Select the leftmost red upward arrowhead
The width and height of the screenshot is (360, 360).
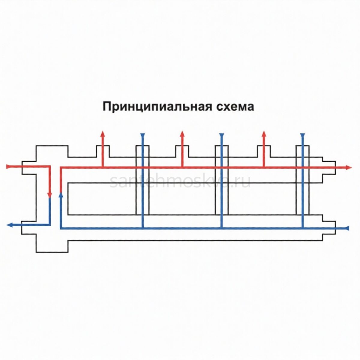click(103, 134)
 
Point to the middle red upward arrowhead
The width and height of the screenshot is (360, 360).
click(182, 134)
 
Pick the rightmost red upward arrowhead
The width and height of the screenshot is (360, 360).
click(264, 134)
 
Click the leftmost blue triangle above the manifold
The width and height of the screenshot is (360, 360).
click(143, 135)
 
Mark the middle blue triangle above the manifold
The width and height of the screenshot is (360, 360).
click(222, 135)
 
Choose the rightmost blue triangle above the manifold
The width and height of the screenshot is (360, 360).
click(303, 135)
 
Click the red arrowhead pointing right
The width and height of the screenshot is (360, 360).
click(348, 167)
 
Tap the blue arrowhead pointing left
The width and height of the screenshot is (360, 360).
click(9, 225)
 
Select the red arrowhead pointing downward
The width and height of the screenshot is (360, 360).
click(50, 195)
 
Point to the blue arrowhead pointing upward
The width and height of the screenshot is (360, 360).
click(61, 195)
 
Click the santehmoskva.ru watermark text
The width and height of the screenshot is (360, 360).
click(180, 182)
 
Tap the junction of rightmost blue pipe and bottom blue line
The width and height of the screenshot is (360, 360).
click(303, 228)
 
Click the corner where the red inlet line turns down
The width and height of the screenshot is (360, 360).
click(50, 166)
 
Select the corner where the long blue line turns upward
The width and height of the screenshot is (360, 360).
click(61, 228)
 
